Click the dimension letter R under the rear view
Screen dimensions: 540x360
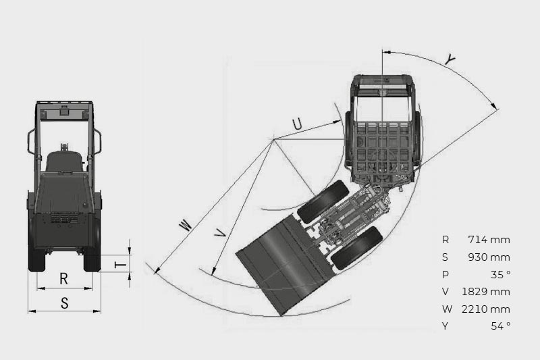click(x=63, y=278)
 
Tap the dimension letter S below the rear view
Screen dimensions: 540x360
click(x=64, y=303)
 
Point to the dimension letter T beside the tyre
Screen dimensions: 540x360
click(x=121, y=265)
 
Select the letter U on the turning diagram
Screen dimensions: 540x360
click(x=297, y=124)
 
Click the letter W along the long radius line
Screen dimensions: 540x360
click(x=185, y=226)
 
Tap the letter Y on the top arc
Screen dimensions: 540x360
click(x=450, y=60)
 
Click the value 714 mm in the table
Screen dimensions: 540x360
click(x=489, y=239)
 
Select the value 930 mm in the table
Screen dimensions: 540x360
click(x=489, y=257)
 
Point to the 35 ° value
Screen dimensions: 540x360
click(x=501, y=275)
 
